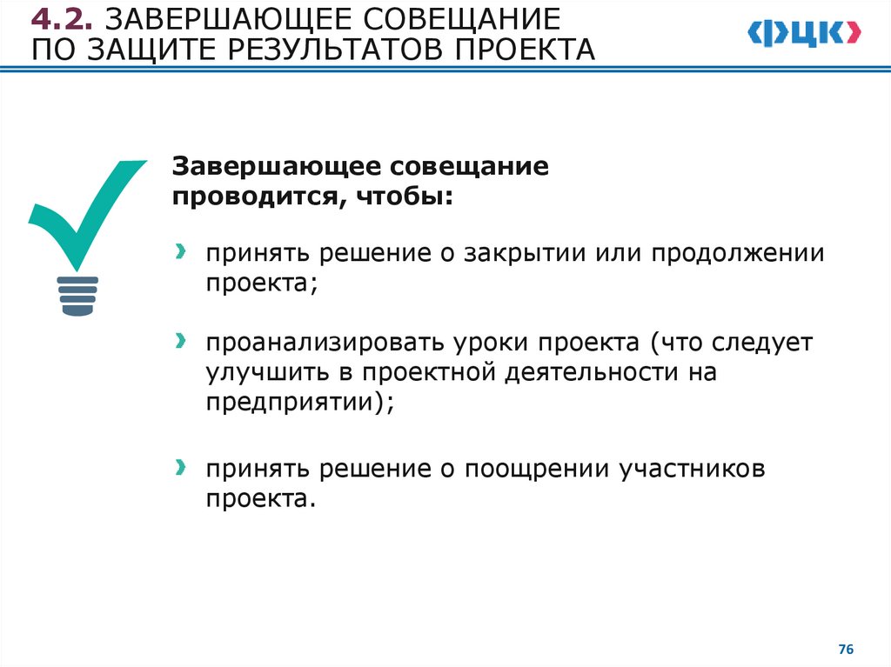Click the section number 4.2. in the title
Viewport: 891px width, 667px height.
[63, 19]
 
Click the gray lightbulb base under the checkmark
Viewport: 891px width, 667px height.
[78, 296]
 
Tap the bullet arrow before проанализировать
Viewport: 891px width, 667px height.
[179, 340]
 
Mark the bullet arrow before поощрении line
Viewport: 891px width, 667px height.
[179, 468]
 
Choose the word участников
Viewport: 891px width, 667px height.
[692, 470]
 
